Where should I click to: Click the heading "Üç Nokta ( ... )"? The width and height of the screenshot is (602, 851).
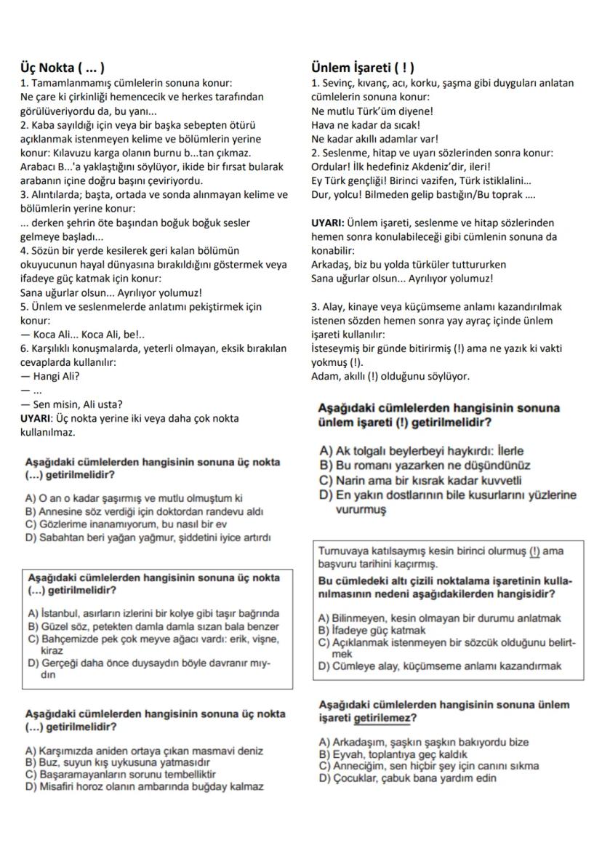(x=63, y=68)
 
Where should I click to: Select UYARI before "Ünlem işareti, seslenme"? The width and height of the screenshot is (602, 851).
(x=327, y=223)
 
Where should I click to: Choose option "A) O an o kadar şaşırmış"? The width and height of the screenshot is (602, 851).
(x=133, y=498)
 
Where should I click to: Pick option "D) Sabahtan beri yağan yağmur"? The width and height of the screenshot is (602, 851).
(x=148, y=538)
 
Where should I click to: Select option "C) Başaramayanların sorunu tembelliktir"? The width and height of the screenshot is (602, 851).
(x=120, y=774)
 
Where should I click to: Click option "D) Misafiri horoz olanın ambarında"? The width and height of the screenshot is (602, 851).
(x=144, y=786)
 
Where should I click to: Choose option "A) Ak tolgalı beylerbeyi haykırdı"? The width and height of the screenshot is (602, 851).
(x=421, y=451)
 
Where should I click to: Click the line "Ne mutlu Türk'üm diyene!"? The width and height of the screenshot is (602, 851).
(x=372, y=111)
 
